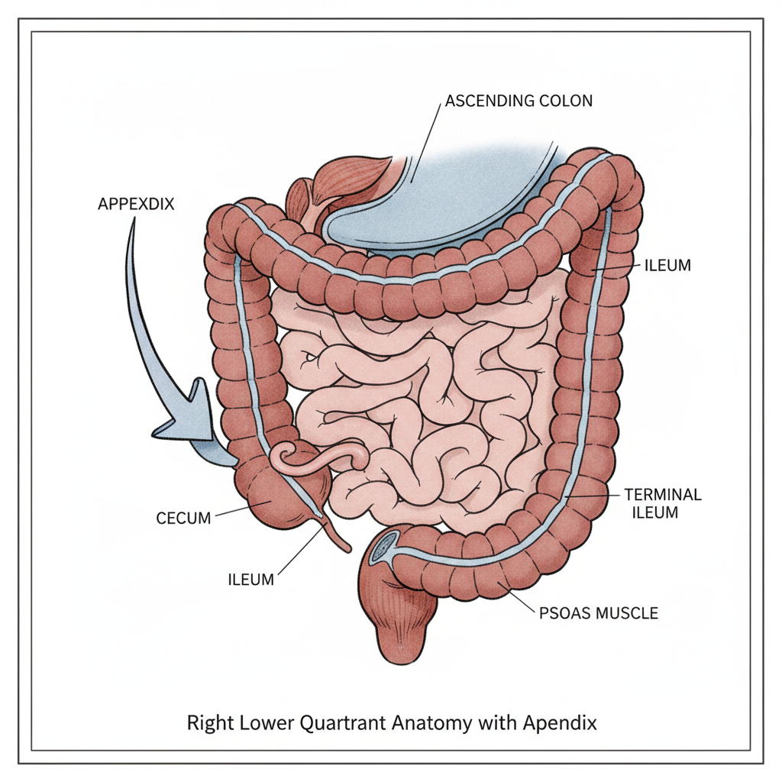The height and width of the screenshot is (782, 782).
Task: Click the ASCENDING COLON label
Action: point(519,101)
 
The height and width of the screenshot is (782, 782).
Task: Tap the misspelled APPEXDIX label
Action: point(136,204)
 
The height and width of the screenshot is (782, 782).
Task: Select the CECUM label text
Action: point(183,519)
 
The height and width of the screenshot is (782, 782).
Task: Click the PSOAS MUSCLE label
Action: point(599,613)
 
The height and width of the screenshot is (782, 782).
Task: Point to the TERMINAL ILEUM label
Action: point(663,503)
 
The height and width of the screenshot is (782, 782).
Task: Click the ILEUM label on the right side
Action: point(667,265)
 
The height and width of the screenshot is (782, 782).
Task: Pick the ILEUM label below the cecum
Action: point(250,580)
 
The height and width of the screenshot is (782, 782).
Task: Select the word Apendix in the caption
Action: point(560,722)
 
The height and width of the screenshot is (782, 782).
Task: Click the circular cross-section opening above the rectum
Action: point(383,548)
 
